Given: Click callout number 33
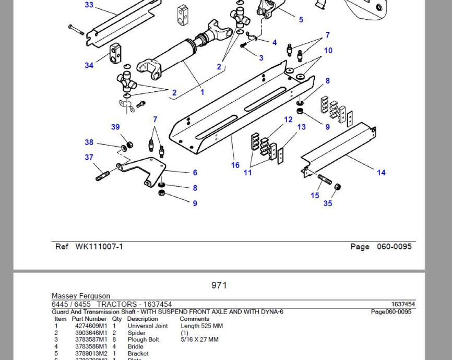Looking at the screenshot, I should tap(89, 5).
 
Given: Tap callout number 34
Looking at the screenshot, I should tap(89, 65).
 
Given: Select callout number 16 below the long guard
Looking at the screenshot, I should tap(235, 165).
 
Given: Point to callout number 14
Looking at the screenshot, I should tap(381, 173).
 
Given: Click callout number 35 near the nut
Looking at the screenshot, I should tap(327, 203).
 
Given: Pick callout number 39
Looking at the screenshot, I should tap(115, 127).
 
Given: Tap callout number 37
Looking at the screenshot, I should tap(89, 157).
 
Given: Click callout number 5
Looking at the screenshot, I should tap(301, 20).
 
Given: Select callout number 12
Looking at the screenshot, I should tap(288, 119).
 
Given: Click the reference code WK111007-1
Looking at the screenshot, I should tap(99, 246).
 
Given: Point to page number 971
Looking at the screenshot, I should tap(219, 285).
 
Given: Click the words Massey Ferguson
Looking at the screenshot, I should tap(81, 296).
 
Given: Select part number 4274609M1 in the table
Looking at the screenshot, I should tap(91, 326).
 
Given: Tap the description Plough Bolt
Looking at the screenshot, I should tap(144, 339).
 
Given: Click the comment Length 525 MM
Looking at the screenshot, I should tap(201, 326).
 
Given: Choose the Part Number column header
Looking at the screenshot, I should tap(89, 319).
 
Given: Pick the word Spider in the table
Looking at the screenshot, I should tap(137, 332).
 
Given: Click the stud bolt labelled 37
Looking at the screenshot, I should tap(103, 175).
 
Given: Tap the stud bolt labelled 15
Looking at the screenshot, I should tap(325, 179).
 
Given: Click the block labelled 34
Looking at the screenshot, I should tap(115, 53).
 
